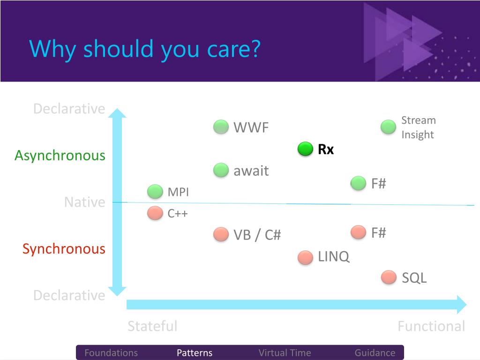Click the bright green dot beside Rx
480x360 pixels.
(305, 149)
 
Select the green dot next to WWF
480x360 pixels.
(221, 127)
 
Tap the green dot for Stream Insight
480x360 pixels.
(388, 127)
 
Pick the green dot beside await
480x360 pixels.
(221, 170)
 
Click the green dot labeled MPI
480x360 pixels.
(155, 192)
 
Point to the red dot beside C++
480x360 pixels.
(155, 213)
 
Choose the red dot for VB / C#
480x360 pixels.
(221, 234)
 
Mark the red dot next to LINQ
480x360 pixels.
(305, 257)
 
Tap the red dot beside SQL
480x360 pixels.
(389, 277)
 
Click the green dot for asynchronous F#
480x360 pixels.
(358, 183)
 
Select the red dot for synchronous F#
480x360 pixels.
(358, 232)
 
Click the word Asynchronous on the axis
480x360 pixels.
(60, 156)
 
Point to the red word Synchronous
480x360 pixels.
(64, 249)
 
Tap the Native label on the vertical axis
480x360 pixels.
(85, 202)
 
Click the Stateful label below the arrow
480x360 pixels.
(152, 326)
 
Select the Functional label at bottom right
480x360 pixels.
(431, 326)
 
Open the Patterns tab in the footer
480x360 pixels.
(195, 352)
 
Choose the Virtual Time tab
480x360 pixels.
(285, 352)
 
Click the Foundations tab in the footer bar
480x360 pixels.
(111, 352)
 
